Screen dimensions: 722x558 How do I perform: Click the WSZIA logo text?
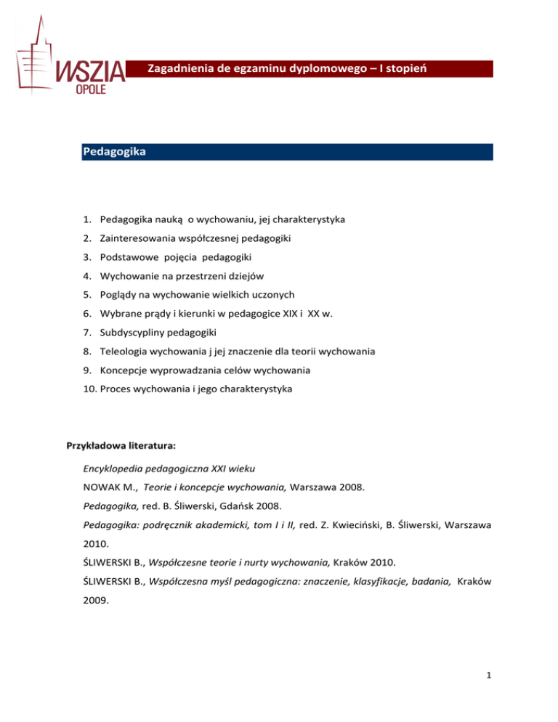pos(92,72)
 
